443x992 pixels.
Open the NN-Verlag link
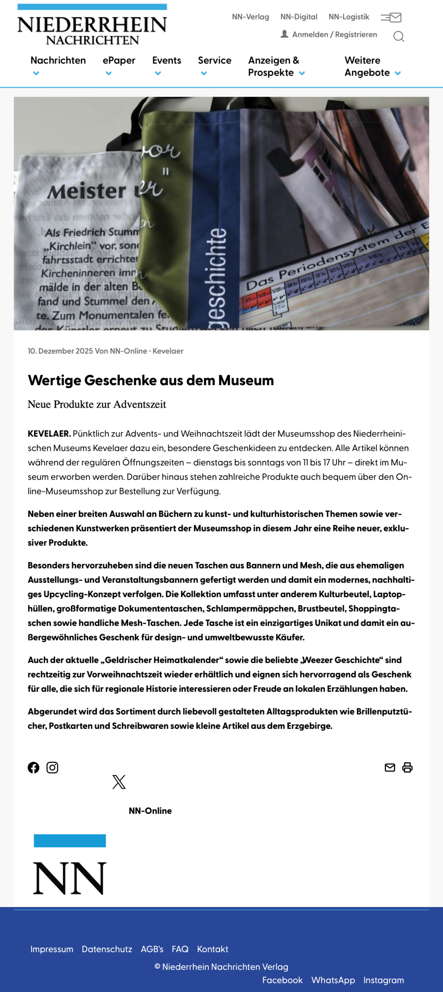coord(250,17)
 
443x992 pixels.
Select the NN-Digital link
coord(299,17)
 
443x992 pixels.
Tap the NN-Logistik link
coord(349,17)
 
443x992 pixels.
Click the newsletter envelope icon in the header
coord(391,17)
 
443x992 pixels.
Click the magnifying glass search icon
coord(398,36)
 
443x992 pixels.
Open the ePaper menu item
coord(119,61)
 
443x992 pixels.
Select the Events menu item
coord(167,61)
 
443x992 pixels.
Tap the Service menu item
coord(214,61)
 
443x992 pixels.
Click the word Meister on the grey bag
coord(86,191)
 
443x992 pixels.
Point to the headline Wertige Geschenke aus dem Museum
coord(151,381)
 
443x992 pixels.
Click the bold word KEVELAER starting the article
coord(49,434)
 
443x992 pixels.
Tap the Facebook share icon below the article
coord(34,768)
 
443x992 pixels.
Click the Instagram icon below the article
coord(52,768)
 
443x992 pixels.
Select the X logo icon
coord(119,782)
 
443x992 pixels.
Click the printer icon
coord(407,768)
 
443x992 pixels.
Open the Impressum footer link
coord(52,949)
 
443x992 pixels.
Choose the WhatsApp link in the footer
coord(333,980)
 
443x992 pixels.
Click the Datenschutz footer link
coord(107,949)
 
